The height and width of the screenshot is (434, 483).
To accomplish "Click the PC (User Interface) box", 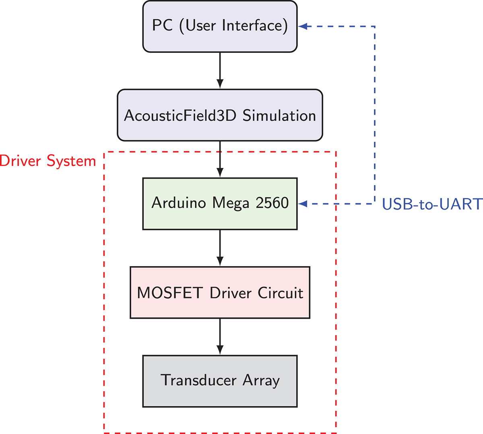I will coord(220,27).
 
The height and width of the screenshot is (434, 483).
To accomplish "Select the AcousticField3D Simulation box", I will coord(220,115).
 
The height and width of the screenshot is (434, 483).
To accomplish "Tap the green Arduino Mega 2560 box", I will coord(220,204).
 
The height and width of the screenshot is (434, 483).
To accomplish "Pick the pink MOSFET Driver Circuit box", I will coord(220,292).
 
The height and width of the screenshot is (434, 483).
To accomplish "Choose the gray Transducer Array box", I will coord(220,381).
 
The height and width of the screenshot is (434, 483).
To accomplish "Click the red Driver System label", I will coord(48,161).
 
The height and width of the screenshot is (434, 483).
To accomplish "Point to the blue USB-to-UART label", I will coord(432,204).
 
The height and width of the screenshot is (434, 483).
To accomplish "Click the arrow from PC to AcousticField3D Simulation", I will coord(220,70).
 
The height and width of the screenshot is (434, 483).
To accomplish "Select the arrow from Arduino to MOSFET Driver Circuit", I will coord(220,248).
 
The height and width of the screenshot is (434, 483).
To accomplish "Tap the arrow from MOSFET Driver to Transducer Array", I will coord(220,336).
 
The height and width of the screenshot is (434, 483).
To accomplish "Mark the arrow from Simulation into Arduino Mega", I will coord(220,159).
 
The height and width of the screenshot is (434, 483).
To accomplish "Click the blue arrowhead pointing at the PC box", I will coord(303,27).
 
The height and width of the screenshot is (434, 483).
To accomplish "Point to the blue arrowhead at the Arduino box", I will coord(303,204).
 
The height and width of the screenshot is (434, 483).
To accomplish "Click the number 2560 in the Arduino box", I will coord(272,203).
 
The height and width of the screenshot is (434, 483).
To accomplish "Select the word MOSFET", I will coord(169,293).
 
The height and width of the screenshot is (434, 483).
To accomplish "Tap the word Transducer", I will coord(198,380).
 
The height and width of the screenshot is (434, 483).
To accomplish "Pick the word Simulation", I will coord(279,116).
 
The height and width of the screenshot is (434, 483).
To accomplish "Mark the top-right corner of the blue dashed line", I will coord(375,27).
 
